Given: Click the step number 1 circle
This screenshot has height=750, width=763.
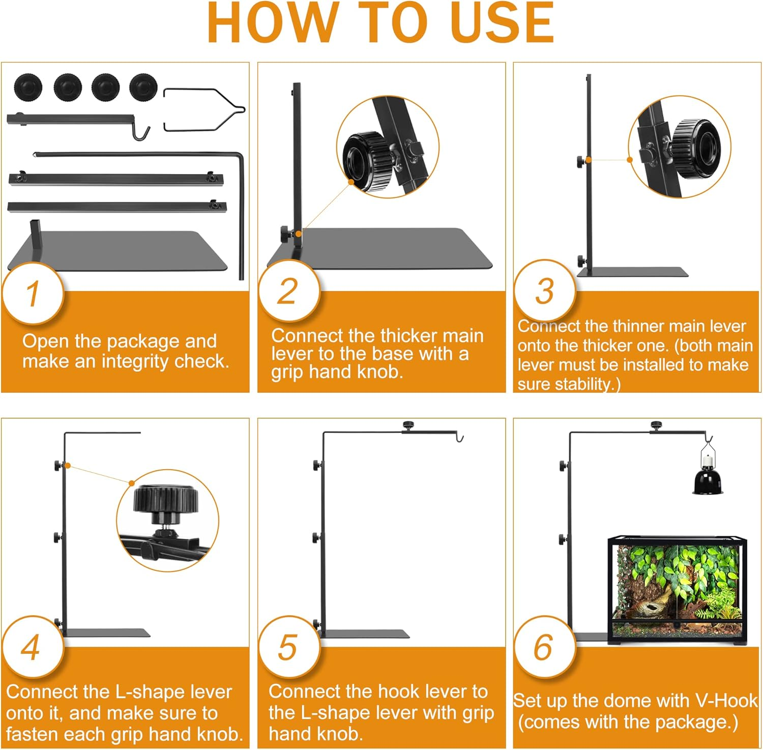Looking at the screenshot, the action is [33, 294].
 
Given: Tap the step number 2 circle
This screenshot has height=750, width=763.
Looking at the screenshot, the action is [289, 291].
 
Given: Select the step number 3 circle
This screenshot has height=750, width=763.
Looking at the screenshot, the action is [545, 291].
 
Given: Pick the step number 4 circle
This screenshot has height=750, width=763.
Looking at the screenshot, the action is [33, 647].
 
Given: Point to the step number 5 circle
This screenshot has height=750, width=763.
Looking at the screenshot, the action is [289, 647].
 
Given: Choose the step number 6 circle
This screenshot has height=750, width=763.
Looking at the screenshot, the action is [545, 647].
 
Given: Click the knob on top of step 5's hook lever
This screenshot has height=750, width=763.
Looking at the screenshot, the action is [408, 425].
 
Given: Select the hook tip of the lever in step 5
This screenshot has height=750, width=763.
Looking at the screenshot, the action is [460, 438].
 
